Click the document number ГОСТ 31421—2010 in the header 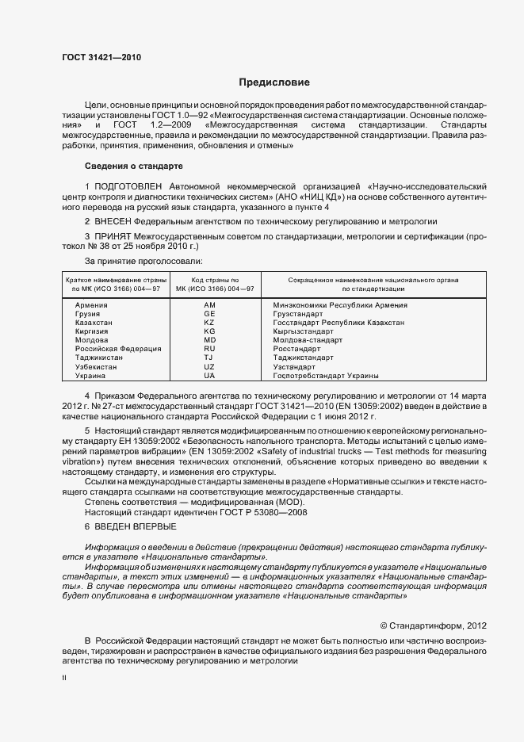click(97, 57)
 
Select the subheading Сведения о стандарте click(133, 166)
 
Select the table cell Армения click(92, 305)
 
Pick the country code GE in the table click(209, 314)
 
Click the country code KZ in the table click(209, 323)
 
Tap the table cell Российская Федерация click(118, 349)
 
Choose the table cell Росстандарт click(297, 349)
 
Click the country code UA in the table click(209, 375)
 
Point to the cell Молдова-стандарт click(308, 340)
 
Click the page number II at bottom click(64, 678)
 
